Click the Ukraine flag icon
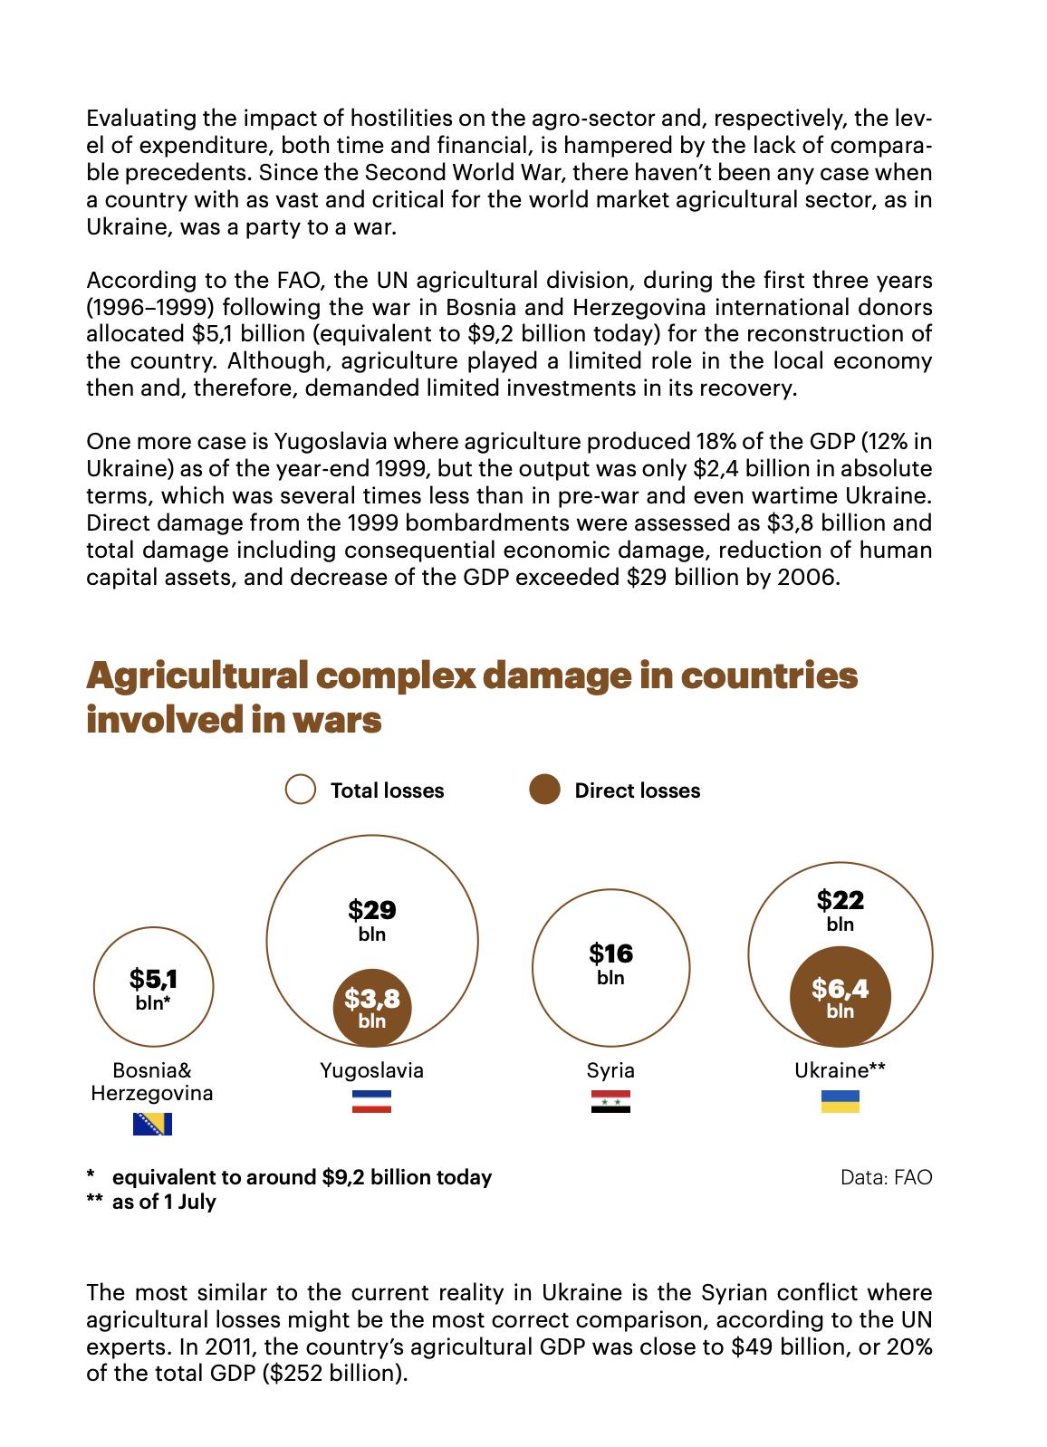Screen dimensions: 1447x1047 [x=840, y=1101]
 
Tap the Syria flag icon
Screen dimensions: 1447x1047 [x=610, y=1101]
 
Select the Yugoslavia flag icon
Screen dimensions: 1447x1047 [x=371, y=1101]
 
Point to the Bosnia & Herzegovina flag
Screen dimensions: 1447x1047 [x=152, y=1124]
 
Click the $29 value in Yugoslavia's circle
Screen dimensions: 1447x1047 [x=372, y=910]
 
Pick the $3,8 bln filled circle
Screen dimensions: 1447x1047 [x=372, y=1007]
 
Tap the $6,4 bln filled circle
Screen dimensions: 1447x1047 [x=840, y=996]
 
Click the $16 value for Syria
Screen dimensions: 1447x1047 [x=610, y=953]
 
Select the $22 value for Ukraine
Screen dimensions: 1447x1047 [x=840, y=900]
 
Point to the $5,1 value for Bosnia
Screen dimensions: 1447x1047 [x=153, y=979]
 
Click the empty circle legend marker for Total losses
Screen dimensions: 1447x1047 [x=301, y=790]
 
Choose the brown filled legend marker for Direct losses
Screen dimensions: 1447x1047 [x=544, y=790]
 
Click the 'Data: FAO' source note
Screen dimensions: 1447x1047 [x=886, y=1177]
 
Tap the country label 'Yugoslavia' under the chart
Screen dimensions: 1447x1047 [x=371, y=1070]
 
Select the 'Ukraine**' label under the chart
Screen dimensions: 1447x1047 [x=840, y=1070]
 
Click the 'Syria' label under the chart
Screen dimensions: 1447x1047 [x=610, y=1070]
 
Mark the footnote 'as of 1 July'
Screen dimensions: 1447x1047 [x=164, y=1202]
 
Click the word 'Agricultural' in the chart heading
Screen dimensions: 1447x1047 [x=197, y=676]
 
